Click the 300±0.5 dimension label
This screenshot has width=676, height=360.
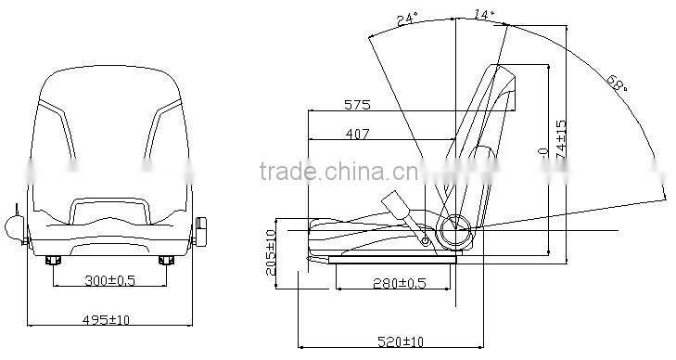pyautogui.click(x=109, y=279)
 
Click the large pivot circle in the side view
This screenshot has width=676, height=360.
pyautogui.click(x=455, y=228)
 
